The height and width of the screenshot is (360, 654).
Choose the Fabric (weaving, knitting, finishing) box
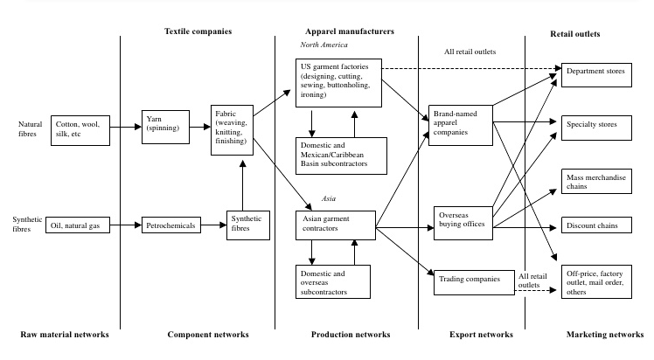point(232,130)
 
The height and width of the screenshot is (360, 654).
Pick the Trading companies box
point(471,280)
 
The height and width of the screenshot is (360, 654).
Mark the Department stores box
point(595,72)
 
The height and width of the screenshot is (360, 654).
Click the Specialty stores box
point(595,125)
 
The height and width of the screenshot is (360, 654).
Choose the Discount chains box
point(595,226)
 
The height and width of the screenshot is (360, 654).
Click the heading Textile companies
point(198,31)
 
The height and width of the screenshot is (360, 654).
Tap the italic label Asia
point(329,198)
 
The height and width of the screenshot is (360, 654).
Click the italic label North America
point(324,45)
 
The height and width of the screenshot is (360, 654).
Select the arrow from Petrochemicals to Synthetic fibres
point(213,225)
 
